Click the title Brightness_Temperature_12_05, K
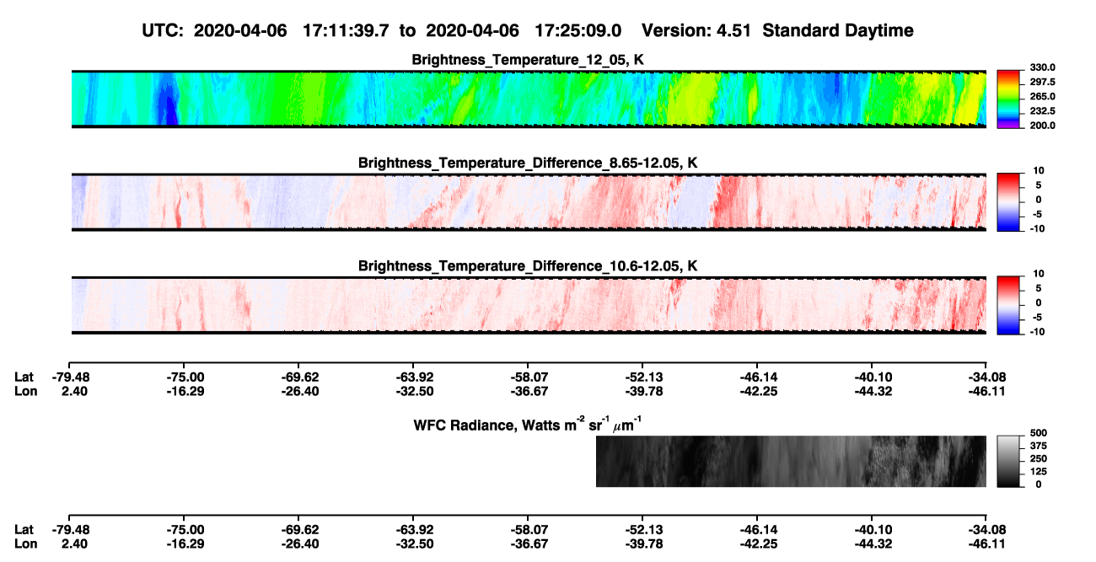[x=528, y=60]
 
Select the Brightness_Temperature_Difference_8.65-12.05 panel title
[x=528, y=163]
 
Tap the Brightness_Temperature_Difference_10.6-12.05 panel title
[x=528, y=266]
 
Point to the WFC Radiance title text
[x=528, y=425]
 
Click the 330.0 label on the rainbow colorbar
[x=1042, y=67]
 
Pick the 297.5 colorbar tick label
[x=1042, y=82]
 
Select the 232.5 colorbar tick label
[x=1042, y=111]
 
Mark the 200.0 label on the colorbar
[x=1042, y=126]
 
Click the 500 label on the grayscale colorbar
[x=1039, y=433]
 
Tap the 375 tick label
[x=1039, y=446]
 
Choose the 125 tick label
[x=1039, y=472]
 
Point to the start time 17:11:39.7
[x=346, y=30]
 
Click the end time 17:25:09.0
[x=578, y=30]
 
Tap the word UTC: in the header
[x=163, y=30]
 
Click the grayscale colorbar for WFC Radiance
[x=1008, y=461]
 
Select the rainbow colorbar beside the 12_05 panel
[x=1008, y=99]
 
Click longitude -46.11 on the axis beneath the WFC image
[x=987, y=544]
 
